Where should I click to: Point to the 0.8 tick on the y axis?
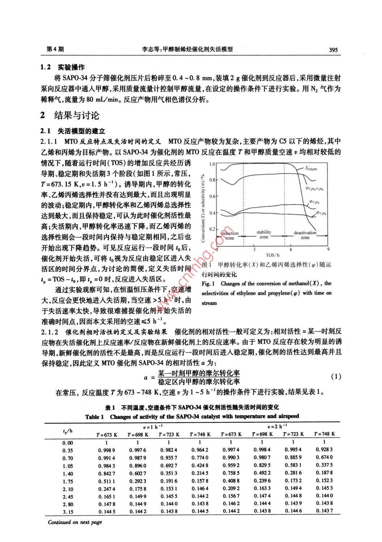click(212, 180)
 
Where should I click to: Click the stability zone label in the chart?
click(264, 234)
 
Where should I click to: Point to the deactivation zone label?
click(305, 235)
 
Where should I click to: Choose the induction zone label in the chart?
click(230, 236)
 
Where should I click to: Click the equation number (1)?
click(336, 377)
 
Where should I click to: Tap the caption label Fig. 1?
click(208, 284)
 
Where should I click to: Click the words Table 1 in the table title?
click(95, 417)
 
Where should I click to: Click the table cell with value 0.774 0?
click(200, 458)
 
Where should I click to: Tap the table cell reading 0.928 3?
click(324, 450)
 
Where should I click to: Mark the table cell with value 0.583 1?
click(293, 466)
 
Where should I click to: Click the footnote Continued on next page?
click(75, 522)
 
